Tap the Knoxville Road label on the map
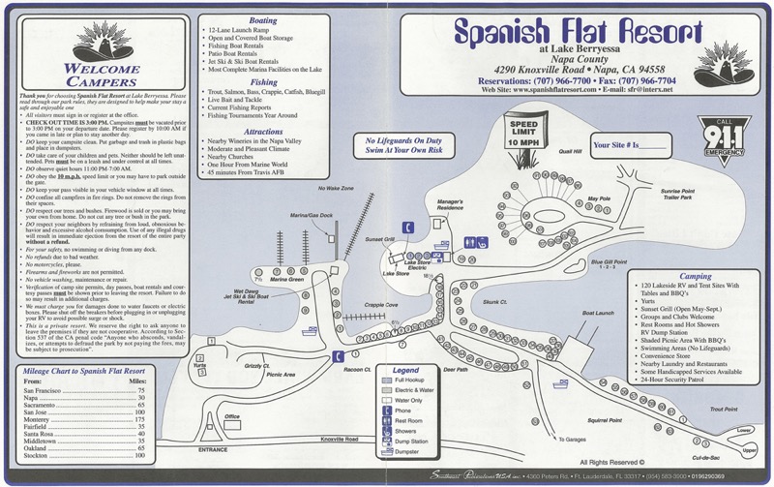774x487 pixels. click(x=338, y=441)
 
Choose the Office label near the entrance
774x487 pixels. click(x=231, y=416)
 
